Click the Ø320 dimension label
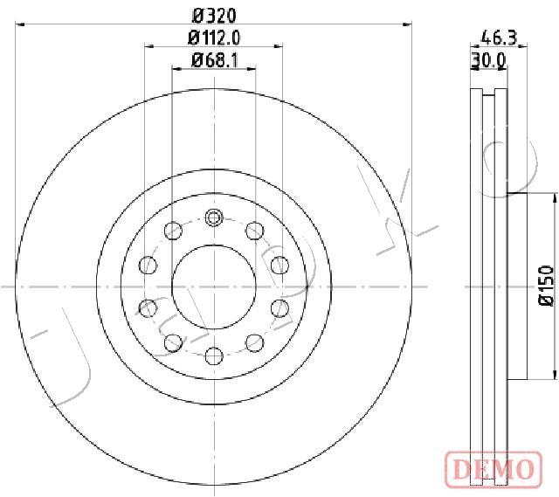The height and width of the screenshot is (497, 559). [x=214, y=16]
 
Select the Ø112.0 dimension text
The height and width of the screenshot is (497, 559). [x=214, y=38]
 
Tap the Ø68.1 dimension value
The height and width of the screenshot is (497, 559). [x=214, y=60]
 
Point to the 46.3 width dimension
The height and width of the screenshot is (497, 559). [x=499, y=38]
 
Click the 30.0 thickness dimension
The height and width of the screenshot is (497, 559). [x=488, y=60]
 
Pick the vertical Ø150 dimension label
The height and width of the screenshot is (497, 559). [x=546, y=286]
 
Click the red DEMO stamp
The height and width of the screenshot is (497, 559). [x=493, y=468]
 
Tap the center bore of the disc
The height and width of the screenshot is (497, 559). [x=214, y=286]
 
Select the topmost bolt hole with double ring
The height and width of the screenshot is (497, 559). [x=214, y=217]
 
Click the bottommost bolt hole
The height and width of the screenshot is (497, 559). [x=214, y=355]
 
